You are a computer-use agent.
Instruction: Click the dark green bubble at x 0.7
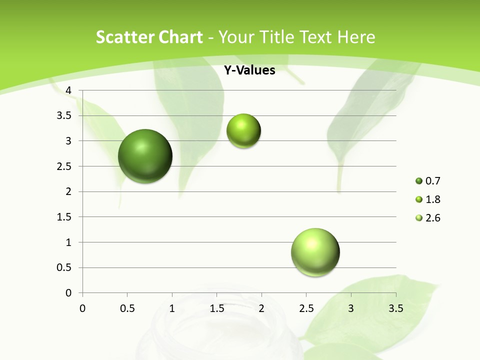145,156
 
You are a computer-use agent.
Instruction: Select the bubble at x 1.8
243,131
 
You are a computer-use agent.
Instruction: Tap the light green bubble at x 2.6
315,252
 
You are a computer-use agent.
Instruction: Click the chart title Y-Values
249,70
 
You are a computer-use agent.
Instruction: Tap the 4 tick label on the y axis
69,90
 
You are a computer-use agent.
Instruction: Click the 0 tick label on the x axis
82,308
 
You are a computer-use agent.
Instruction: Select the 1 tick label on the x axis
172,308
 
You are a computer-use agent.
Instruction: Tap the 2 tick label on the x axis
261,308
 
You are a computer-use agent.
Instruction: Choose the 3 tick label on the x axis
351,308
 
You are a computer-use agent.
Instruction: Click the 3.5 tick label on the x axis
395,308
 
